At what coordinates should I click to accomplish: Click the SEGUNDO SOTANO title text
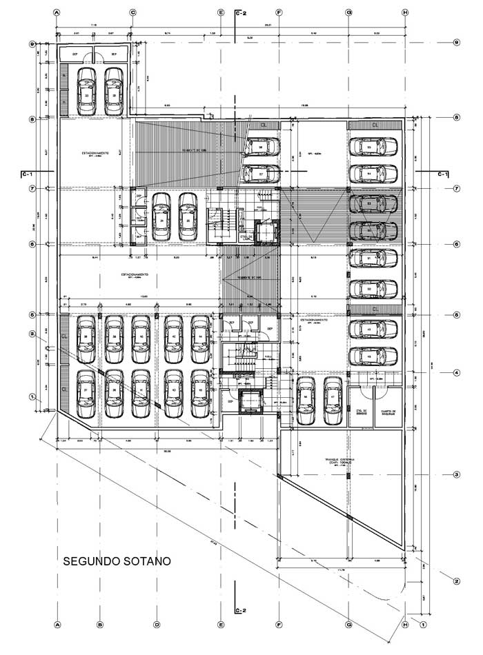[x=117, y=561]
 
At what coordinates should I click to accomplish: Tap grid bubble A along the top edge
[x=57, y=12]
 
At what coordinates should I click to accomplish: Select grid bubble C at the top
[x=132, y=12]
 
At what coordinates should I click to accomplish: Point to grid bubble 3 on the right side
[x=457, y=475]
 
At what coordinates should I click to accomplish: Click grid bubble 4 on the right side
[x=457, y=374]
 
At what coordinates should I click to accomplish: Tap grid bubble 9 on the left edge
[x=32, y=43]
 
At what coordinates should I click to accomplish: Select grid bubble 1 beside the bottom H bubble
[x=423, y=625]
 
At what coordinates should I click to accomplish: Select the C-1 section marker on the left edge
[x=28, y=174]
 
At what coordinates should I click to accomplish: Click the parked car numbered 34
[x=161, y=216]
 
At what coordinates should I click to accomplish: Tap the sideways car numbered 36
[x=262, y=147]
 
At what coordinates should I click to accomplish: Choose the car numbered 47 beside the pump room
[x=333, y=400]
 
